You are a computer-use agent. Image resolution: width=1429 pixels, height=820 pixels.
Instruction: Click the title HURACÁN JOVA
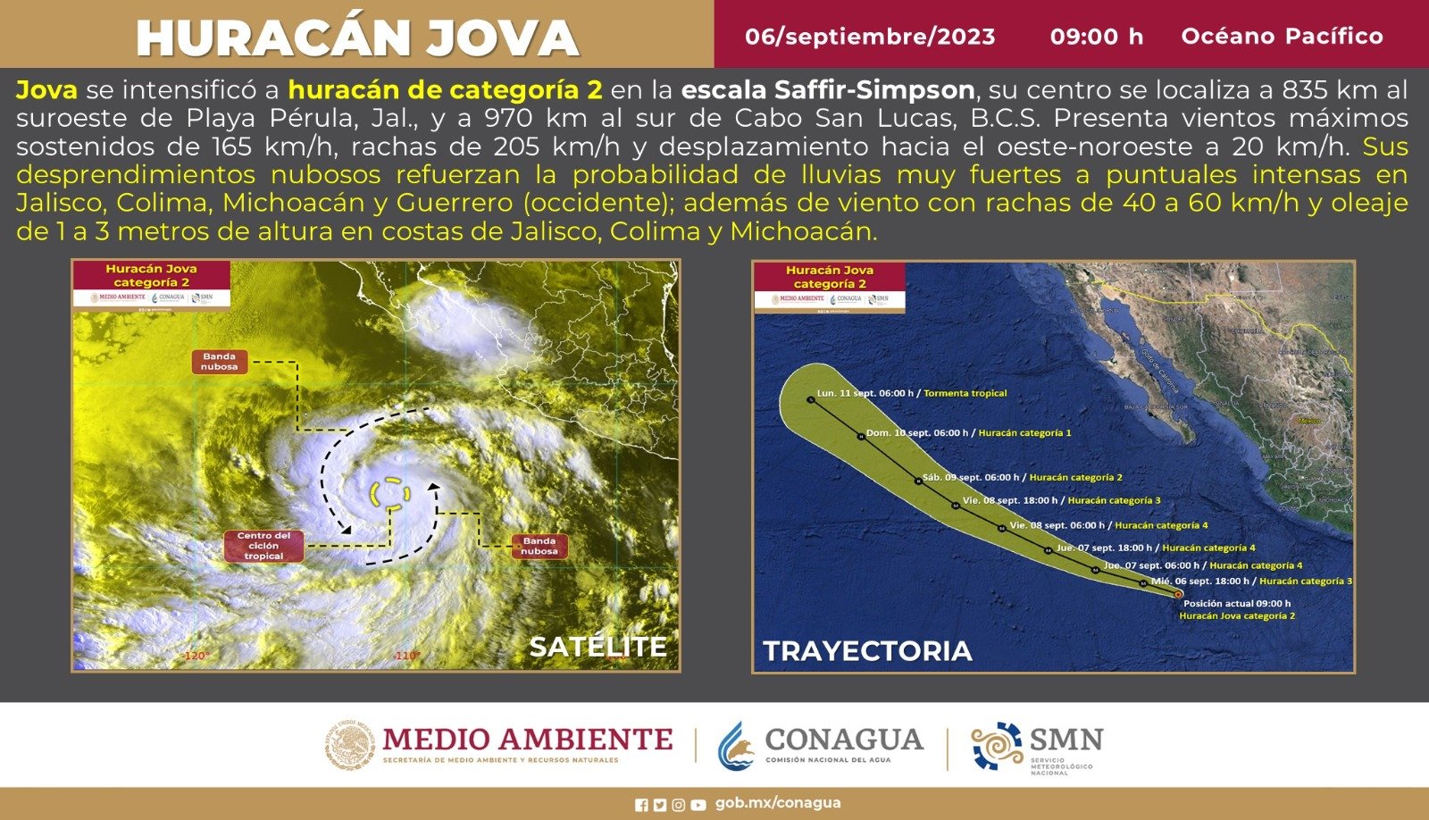click(357, 38)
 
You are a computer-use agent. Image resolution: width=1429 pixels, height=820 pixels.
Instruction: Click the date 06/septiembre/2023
click(870, 37)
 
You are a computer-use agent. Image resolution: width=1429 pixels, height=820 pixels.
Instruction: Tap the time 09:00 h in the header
click(1096, 37)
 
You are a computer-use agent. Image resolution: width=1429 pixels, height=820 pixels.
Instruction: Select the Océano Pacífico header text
click(1282, 37)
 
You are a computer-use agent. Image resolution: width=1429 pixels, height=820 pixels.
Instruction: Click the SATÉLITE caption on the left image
click(598, 647)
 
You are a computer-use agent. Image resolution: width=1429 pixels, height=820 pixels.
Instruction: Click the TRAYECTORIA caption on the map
click(867, 651)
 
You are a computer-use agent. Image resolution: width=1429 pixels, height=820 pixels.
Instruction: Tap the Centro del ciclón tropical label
click(263, 546)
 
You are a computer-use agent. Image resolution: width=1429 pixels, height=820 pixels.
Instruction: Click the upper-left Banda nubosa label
click(219, 362)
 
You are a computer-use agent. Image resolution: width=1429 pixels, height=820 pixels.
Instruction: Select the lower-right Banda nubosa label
click(539, 546)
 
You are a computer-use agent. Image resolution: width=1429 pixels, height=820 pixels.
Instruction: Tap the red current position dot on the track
click(1178, 594)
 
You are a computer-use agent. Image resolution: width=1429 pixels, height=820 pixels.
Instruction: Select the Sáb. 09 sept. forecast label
click(1022, 478)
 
